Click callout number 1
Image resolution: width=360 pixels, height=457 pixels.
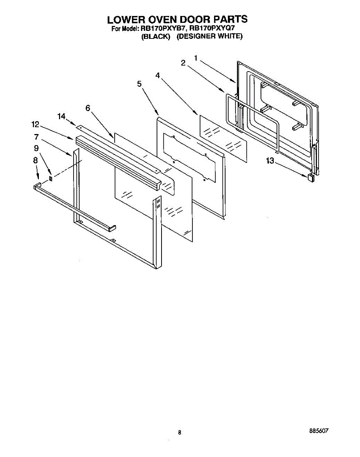click(195, 58)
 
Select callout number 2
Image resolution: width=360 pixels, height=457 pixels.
click(183, 63)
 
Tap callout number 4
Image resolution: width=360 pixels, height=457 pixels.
click(157, 75)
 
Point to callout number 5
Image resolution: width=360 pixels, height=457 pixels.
click(139, 84)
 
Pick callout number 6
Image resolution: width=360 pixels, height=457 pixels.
click(88, 108)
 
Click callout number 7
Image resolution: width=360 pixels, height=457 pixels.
click(36, 136)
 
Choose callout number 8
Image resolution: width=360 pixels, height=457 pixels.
click(35, 161)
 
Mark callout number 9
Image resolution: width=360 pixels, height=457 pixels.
click(36, 148)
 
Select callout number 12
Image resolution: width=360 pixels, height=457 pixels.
click(35, 124)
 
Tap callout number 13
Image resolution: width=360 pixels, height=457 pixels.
click(270, 161)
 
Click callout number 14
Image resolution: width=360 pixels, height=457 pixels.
click(62, 117)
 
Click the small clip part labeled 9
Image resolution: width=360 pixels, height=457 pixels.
click(51, 178)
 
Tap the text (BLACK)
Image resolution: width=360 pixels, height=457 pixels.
click(155, 37)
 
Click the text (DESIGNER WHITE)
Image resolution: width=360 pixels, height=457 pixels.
click(210, 37)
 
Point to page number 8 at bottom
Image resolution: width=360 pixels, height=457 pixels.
click(179, 432)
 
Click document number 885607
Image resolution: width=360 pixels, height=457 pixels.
click(318, 431)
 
